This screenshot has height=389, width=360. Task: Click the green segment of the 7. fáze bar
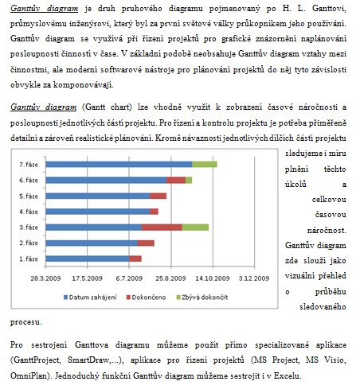[x=205, y=165]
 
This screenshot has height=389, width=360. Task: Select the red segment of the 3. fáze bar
[x=162, y=228]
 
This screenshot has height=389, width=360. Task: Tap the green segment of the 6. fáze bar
[x=189, y=181]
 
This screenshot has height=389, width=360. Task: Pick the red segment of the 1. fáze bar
[x=135, y=259]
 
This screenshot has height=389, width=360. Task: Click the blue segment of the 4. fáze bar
[x=98, y=212]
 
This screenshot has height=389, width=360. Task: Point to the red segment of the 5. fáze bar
[x=158, y=196]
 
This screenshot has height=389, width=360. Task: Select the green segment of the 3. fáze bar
[x=195, y=228]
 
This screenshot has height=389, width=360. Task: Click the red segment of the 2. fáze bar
[x=146, y=243]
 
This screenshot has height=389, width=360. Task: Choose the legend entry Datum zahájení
[x=90, y=298]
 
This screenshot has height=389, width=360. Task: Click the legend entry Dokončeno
[x=146, y=298]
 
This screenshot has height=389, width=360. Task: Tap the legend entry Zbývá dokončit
[x=202, y=298]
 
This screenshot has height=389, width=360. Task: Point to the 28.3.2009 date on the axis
[x=45, y=278]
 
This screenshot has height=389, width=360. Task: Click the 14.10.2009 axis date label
[x=213, y=278]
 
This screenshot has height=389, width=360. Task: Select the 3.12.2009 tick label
[x=254, y=278]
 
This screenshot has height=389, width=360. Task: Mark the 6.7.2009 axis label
[x=129, y=278]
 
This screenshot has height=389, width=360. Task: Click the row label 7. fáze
[x=29, y=165]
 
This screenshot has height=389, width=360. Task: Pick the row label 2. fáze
[x=29, y=243]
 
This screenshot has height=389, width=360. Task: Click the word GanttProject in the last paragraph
[x=37, y=360]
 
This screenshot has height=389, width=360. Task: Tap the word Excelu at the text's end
[x=288, y=375]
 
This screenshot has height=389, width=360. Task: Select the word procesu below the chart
[x=26, y=322]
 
